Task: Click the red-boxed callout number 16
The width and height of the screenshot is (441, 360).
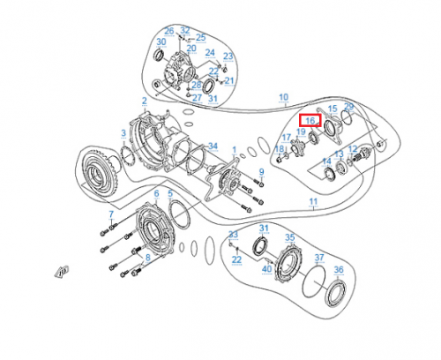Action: tap(310, 120)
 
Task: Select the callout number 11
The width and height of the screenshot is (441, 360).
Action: tap(312, 201)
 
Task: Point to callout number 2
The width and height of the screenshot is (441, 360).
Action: tap(144, 101)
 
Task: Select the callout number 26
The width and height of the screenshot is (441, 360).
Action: tap(169, 31)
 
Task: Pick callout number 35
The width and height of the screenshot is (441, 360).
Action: tap(288, 237)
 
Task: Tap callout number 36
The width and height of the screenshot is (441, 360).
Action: tap(339, 269)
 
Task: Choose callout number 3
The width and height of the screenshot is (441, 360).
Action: tap(123, 133)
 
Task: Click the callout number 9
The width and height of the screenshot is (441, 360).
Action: tap(261, 171)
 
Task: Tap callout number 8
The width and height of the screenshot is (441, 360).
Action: tap(148, 257)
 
